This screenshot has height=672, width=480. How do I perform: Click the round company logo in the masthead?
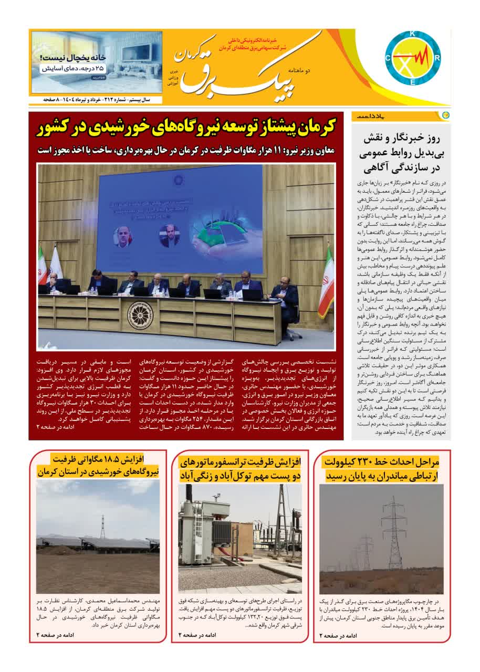[x=412, y=60]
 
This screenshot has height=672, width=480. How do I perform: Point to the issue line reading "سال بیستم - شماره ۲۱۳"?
[x=121, y=99]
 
